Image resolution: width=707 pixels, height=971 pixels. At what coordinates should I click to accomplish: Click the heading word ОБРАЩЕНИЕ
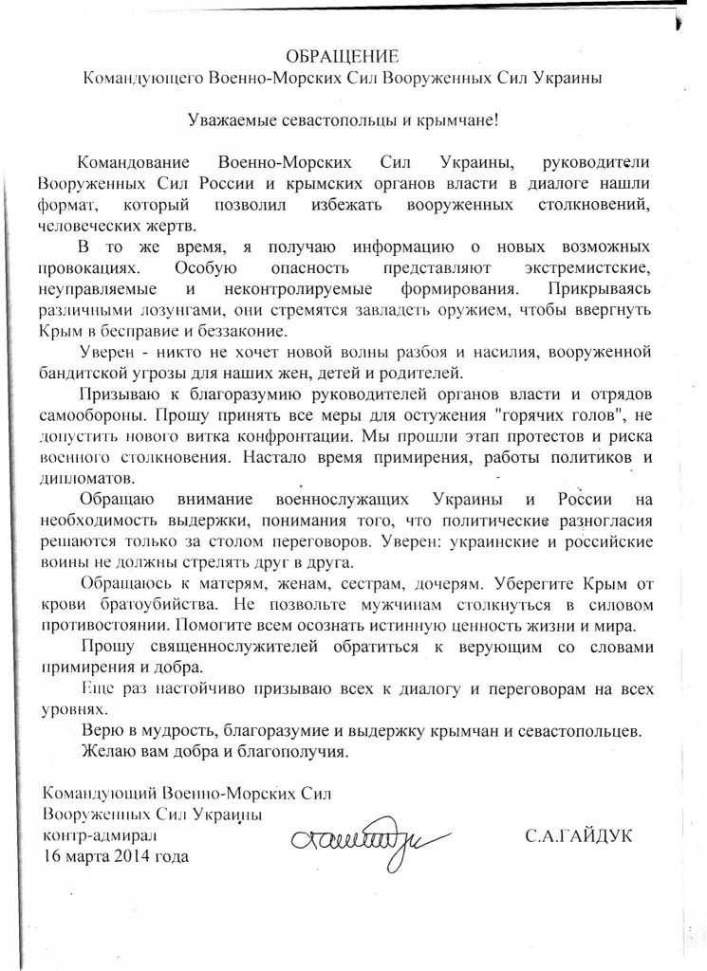[353, 58]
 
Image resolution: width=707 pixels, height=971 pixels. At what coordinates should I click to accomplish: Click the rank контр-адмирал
[99, 836]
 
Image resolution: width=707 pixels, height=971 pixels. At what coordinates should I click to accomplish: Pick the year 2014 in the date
[129, 857]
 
